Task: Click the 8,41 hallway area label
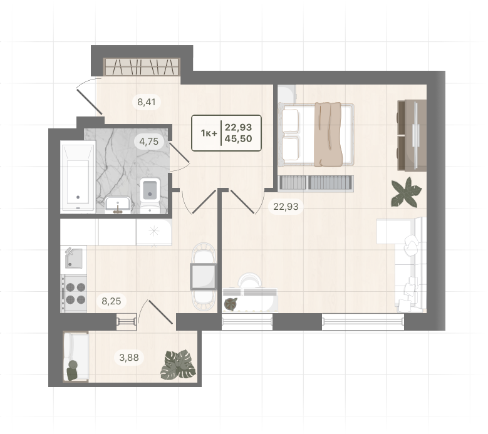coord(147,102)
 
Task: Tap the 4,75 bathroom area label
coord(148,142)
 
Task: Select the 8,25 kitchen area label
coord(111,301)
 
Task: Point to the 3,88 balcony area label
coord(129,357)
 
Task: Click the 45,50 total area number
coord(239,139)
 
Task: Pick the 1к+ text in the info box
coord(209,133)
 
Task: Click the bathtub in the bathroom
coord(78,177)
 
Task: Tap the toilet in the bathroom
coord(150,195)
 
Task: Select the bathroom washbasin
coord(118,205)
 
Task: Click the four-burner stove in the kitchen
coord(74,294)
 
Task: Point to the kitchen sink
coord(74,257)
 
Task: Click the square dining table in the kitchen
coord(203,276)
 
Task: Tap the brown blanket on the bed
coord(328,135)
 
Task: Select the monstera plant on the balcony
coord(179,365)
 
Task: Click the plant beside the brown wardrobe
coord(406,192)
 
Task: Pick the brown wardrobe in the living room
coord(412,135)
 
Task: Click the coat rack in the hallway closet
coord(142,66)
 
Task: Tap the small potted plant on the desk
coord(231,304)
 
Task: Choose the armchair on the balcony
coord(76,356)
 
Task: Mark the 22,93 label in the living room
coord(286,207)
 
